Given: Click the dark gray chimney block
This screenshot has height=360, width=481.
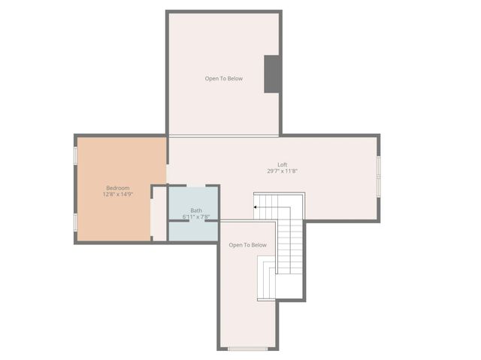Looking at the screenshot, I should click(273, 74).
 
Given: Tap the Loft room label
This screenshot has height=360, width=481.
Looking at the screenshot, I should click(282, 165).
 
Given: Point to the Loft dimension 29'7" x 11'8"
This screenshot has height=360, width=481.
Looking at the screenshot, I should click(282, 171).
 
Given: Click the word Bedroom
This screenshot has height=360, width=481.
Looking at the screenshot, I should click(117, 188).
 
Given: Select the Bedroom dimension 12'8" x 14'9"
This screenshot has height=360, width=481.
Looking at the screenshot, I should click(117, 195).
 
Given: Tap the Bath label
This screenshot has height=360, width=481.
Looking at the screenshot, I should click(195, 210).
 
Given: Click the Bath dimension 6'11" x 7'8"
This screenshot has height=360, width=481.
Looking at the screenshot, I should click(195, 217).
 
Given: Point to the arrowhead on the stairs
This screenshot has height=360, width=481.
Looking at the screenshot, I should click(256, 206).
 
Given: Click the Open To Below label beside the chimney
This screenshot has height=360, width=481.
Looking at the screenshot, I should click(224, 78).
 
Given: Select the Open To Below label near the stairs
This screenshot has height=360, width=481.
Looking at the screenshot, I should click(247, 245).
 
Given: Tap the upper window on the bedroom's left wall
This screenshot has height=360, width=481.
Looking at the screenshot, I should click(75, 155).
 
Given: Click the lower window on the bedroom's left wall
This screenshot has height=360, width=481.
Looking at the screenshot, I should click(75, 222).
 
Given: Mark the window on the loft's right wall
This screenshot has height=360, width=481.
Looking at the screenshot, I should click(379, 177).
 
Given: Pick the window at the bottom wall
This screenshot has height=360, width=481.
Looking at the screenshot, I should click(247, 349).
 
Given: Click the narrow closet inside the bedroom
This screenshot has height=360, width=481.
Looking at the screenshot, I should click(159, 213).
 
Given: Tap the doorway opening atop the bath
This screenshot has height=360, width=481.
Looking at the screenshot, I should click(196, 186).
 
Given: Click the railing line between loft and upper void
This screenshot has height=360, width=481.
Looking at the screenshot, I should click(224, 136).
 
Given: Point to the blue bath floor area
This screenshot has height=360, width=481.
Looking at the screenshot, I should click(193, 230).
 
